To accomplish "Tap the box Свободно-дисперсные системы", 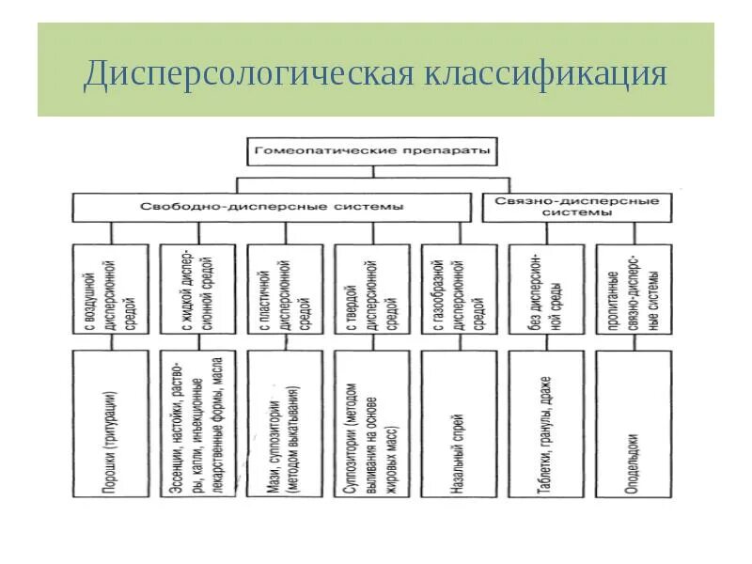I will point(273,207).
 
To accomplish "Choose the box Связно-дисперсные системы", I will point(578,207).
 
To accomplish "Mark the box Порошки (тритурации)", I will point(111,423).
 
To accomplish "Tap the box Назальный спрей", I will point(460,423).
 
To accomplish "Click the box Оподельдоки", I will point(634,423).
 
